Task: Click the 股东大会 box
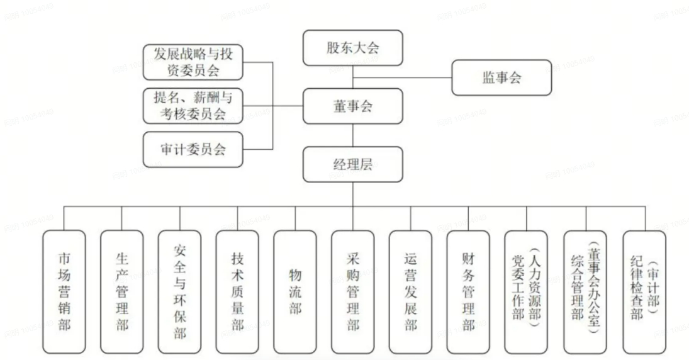352,49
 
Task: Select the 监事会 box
501,77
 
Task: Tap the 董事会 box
352,106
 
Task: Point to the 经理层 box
352,166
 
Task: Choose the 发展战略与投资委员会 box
193,62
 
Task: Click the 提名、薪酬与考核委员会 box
193,106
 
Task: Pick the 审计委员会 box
193,149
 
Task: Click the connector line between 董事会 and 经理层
352,135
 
